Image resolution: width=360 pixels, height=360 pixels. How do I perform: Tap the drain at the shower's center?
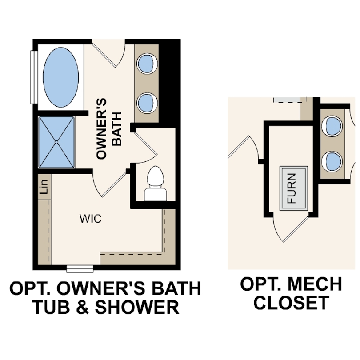57,142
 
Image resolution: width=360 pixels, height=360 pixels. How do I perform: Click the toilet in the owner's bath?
155,184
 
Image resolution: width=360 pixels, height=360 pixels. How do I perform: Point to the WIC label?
91,219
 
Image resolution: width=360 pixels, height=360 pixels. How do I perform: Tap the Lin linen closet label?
44,187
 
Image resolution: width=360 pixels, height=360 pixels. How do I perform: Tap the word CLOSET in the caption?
291,303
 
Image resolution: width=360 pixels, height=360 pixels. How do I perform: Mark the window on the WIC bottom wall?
80,268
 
